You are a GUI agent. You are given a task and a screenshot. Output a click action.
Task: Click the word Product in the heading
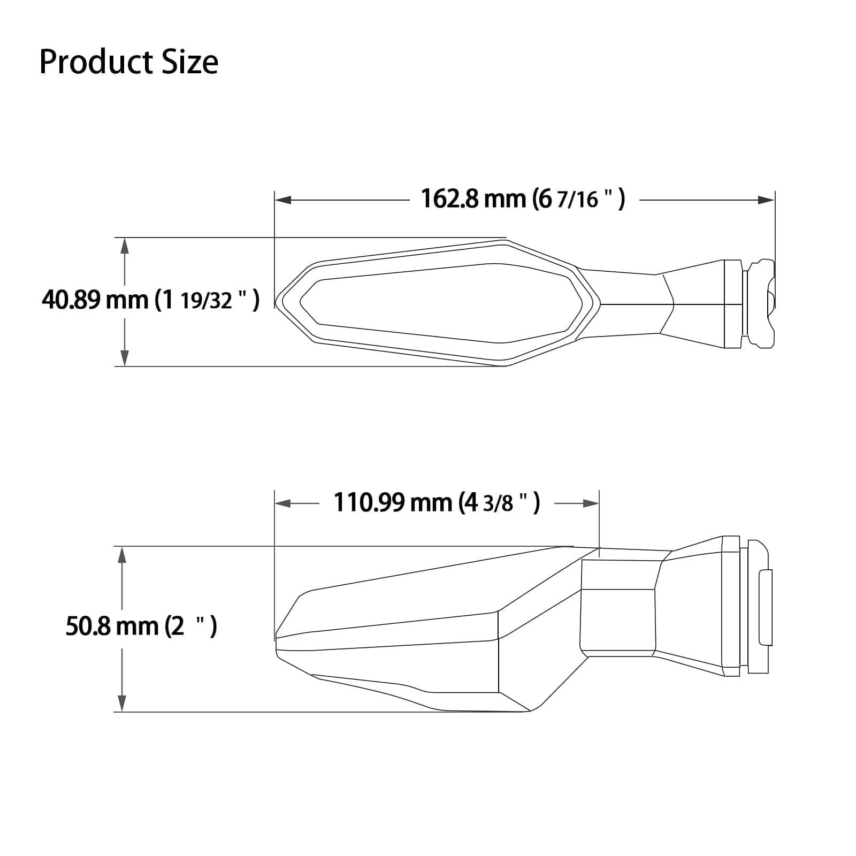pos(89,62)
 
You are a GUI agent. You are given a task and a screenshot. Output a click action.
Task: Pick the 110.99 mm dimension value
pos(393,503)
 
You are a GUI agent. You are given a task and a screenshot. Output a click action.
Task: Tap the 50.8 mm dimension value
pos(112,626)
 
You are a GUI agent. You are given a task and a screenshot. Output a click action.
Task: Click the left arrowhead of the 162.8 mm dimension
pos(283,200)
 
